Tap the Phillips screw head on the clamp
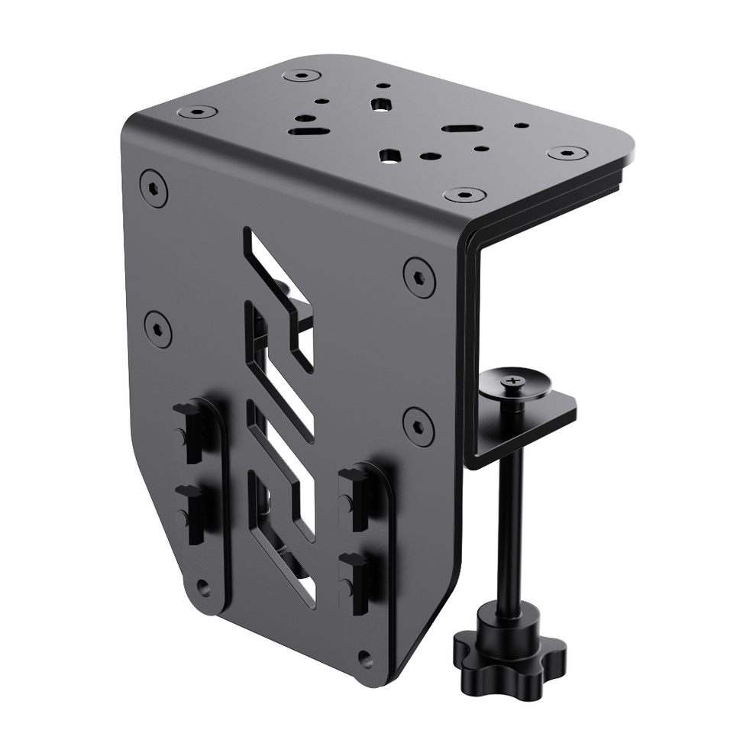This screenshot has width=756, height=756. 516,378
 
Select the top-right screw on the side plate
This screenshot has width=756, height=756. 418,276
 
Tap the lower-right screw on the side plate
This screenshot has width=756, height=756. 418,425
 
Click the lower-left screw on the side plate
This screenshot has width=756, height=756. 158,328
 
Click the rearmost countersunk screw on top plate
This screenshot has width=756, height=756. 301,76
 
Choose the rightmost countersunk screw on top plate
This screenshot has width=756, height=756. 567,153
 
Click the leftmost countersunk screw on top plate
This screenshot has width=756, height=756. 198,112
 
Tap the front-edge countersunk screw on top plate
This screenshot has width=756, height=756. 465,194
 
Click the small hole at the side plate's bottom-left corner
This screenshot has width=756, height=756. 202,586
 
